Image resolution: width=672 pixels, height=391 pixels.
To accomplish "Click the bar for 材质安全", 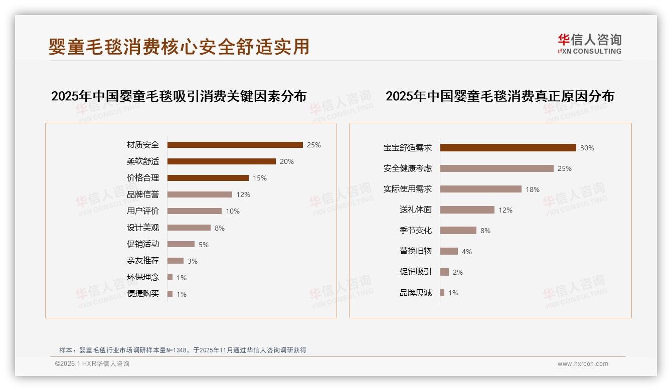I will (235, 145).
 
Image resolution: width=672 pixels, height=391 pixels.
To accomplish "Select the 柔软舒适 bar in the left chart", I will (221, 161).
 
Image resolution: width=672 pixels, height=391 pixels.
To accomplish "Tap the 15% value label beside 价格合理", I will (260, 178).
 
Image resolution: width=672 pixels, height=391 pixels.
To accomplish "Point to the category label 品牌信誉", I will (143, 194).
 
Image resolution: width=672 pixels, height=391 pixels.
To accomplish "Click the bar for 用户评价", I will (194, 211).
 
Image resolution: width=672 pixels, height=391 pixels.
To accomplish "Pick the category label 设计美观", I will (143, 228).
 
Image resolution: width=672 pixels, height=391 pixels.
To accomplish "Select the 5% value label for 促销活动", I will (203, 245).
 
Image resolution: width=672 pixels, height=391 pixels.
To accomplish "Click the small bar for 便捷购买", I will (170, 294).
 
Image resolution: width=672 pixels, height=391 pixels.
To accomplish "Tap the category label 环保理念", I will (143, 277).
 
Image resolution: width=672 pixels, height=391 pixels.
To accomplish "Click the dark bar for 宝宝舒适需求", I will (508, 148).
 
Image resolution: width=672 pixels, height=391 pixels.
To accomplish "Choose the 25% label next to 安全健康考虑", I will (564, 168).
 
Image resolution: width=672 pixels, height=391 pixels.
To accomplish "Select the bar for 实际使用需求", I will (480, 189).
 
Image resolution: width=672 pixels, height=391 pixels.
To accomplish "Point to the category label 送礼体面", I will (415, 210).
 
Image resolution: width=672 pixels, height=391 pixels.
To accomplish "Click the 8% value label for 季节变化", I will (485, 231).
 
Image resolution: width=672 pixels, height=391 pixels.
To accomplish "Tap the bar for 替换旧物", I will (449, 251).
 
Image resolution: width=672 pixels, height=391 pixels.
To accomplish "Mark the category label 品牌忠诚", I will (415, 293).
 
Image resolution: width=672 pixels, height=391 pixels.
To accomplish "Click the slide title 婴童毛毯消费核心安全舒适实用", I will (179, 47).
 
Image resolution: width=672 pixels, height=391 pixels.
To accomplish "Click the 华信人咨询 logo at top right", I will (589, 44).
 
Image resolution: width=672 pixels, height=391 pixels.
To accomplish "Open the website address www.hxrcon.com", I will (583, 364).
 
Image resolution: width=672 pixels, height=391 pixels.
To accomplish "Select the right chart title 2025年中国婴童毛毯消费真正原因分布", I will (499, 96).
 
